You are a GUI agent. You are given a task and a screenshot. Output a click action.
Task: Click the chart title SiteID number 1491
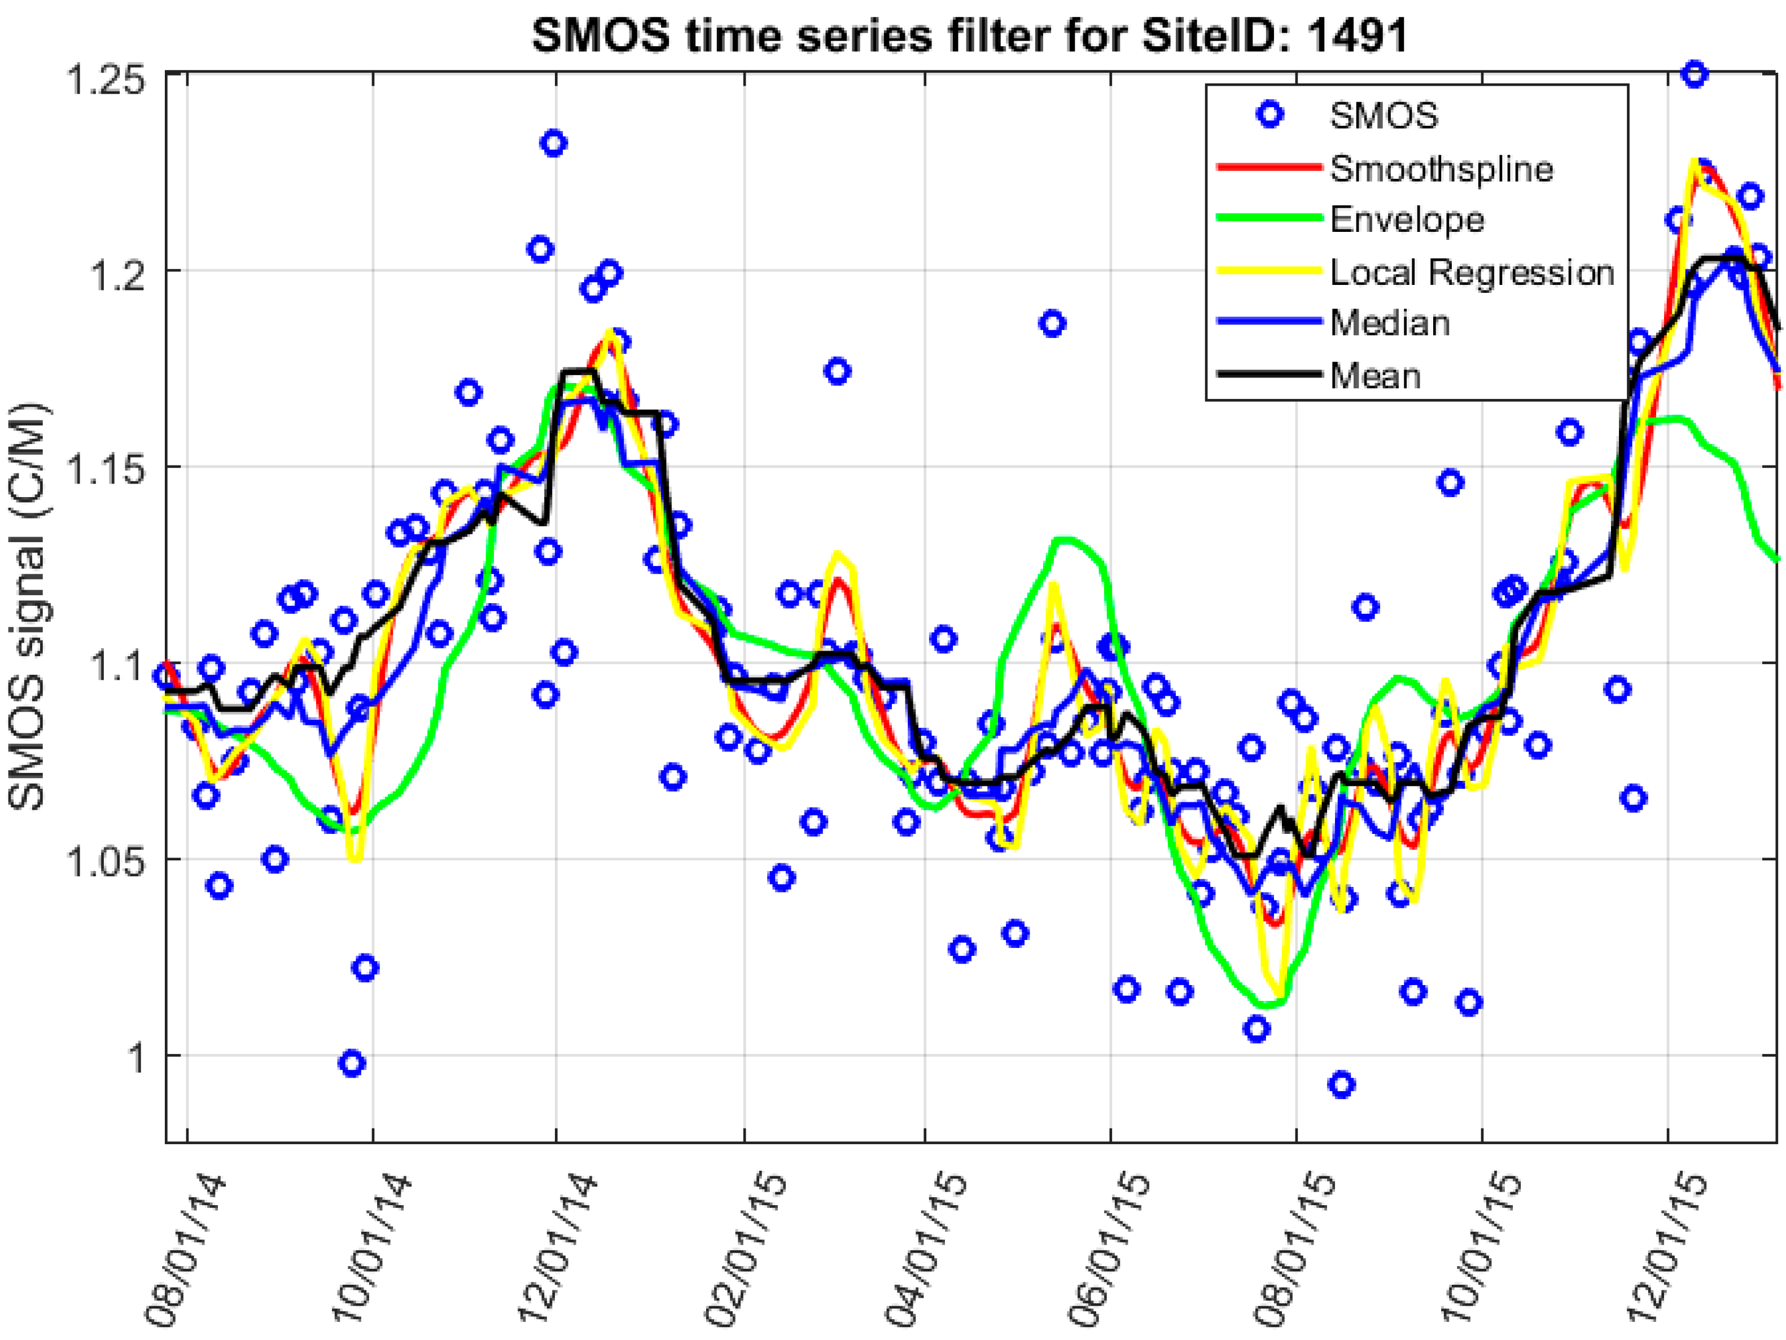[1356, 36]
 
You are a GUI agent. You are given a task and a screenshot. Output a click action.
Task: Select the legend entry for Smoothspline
[1441, 169]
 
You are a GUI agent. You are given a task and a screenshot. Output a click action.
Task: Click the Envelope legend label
[1407, 219]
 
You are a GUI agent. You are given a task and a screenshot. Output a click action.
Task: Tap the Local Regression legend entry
[1471, 273]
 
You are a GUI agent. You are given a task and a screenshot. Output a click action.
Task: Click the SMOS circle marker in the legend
[1270, 116]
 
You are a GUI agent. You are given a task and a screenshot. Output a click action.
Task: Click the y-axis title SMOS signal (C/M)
[28, 605]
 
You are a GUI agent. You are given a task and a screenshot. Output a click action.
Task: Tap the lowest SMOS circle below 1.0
[1341, 1084]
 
